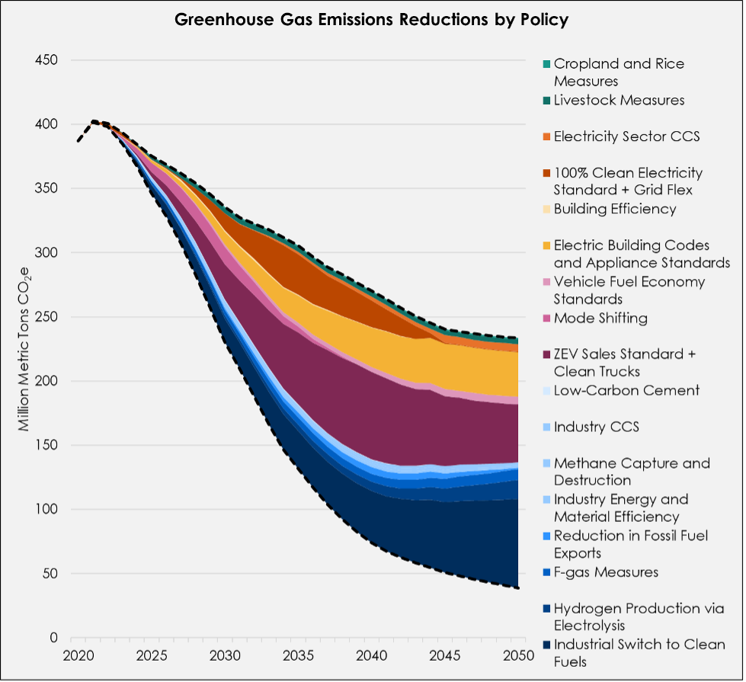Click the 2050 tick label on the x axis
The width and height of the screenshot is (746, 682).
(518, 656)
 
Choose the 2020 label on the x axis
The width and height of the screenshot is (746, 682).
(76, 656)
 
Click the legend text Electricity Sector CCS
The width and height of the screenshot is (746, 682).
(626, 137)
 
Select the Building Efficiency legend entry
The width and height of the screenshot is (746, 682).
(614, 208)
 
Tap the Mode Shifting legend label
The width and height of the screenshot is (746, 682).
(600, 318)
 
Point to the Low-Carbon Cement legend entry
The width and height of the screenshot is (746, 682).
(626, 390)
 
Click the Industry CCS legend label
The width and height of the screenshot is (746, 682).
(596, 426)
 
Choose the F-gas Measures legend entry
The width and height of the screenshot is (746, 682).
(606, 572)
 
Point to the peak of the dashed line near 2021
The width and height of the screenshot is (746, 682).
(93, 121)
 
